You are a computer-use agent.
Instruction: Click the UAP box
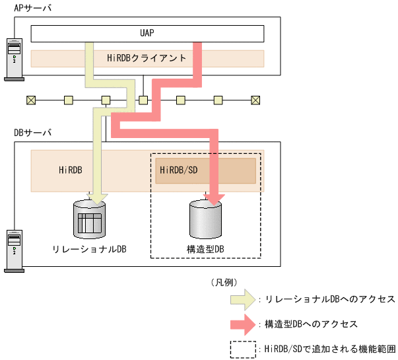147,33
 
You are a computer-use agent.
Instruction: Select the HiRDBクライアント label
147,58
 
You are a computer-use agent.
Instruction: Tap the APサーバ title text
32,7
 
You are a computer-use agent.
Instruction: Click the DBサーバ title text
32,132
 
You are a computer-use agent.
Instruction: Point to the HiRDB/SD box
205,170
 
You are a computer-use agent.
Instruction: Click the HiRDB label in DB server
70,170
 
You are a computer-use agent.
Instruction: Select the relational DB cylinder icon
89,221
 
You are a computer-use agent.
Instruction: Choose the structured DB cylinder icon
205,221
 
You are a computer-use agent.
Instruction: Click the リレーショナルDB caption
89,249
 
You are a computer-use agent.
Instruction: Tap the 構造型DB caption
205,249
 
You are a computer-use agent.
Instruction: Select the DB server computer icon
13,250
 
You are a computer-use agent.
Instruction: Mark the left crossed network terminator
30,100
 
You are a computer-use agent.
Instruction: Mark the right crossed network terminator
255,100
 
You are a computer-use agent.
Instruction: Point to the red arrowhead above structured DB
214,197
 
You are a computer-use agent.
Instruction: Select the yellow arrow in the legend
243,299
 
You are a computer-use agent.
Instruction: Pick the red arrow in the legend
243,324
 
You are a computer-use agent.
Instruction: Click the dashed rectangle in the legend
243,349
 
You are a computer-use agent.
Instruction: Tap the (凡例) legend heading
224,282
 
